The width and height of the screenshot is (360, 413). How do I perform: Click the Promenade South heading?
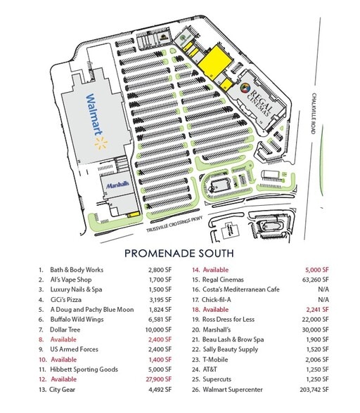pyautogui.click(x=180, y=251)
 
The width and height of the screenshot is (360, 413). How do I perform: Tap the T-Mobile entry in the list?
pyautogui.click(x=217, y=358)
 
